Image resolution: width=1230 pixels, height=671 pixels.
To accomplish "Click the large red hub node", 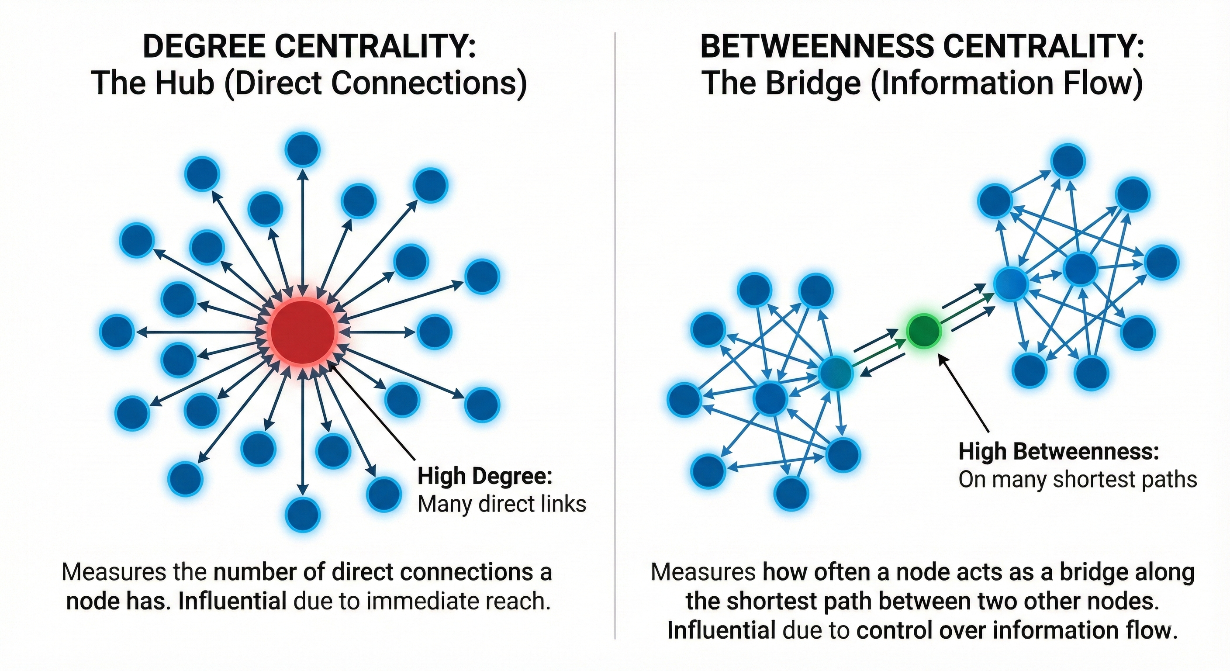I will coord(303,332).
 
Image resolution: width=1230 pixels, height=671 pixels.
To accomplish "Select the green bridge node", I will coord(924,331).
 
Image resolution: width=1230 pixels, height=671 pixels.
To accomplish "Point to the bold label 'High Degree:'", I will coord(485,476).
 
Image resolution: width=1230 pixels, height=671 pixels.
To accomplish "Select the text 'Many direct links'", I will coord(501,504).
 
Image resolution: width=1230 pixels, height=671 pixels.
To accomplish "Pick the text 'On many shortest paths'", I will coord(1077,480).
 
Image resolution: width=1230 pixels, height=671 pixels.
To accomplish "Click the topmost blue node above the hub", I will coord(302,149).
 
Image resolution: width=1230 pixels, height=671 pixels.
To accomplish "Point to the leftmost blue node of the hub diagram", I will coord(117,332).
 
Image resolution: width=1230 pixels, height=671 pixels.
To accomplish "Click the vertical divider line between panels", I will coord(615,334).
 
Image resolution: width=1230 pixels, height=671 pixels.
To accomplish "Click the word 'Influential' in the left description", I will coord(232,601).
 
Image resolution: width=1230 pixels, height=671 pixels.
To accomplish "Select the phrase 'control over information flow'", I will coord(1015,630).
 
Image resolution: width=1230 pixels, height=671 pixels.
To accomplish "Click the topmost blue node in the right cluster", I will coord(1069,162).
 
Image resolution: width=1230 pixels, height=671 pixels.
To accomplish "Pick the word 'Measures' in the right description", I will coord(703,572).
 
